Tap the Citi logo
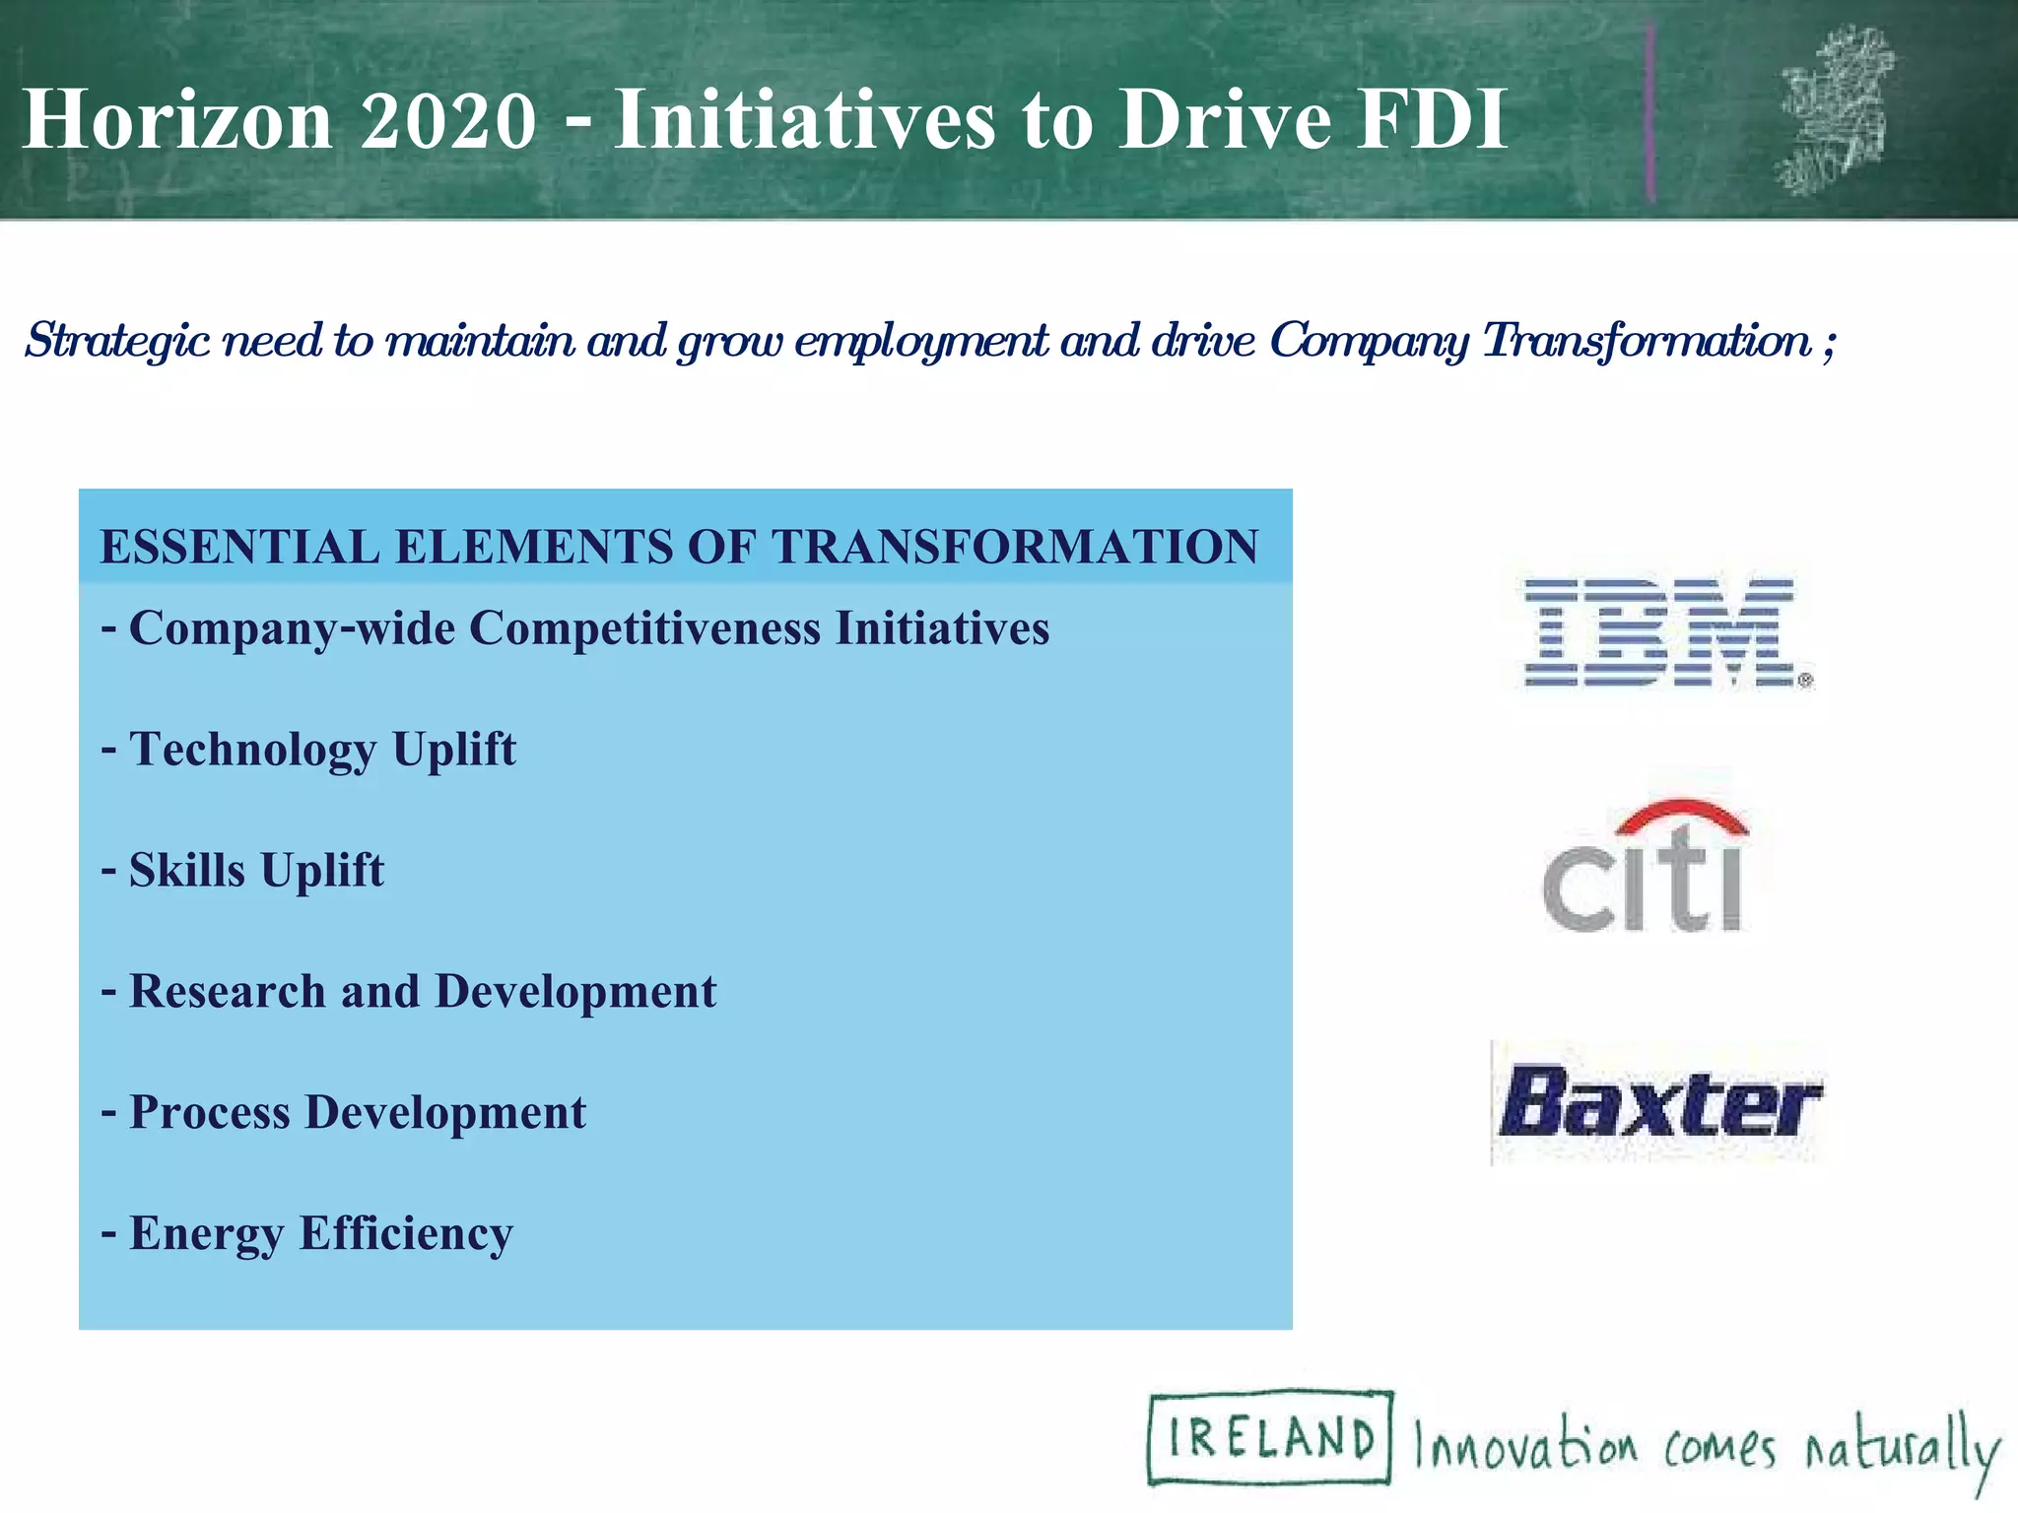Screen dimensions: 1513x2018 (1644, 867)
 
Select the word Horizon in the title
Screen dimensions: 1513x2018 (177, 120)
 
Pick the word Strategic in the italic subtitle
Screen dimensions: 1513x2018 (116, 342)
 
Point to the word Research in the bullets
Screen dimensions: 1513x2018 (228, 991)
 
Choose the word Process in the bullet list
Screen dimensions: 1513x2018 (210, 1113)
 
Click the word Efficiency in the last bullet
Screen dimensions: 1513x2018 (406, 1234)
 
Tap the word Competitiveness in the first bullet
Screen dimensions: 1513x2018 (644, 628)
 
